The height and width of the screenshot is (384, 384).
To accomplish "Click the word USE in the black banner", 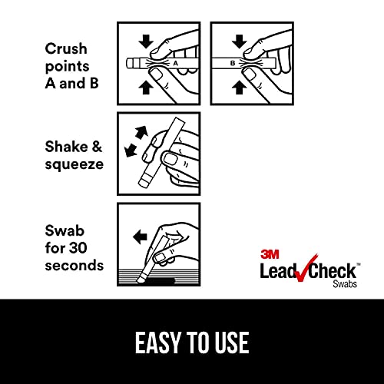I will [231, 342].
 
